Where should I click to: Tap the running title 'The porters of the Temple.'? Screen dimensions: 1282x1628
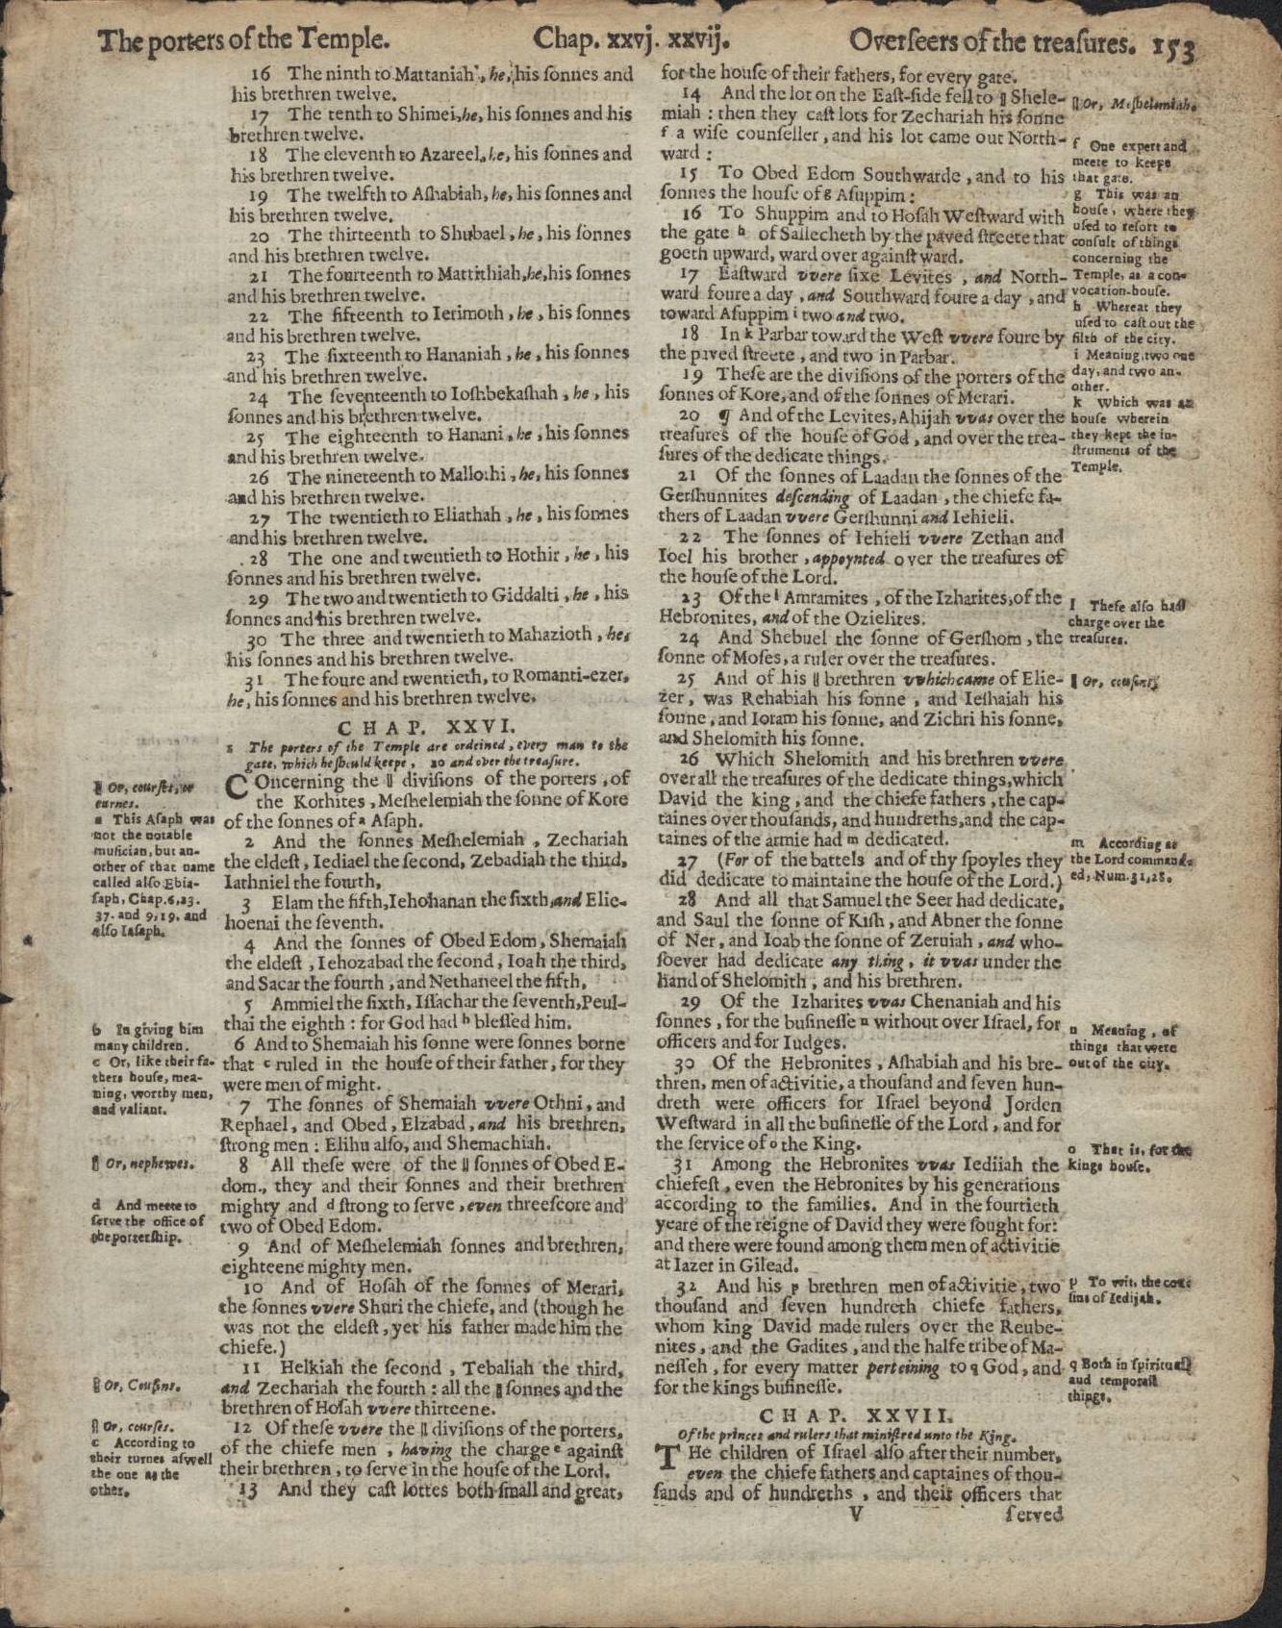(x=245, y=40)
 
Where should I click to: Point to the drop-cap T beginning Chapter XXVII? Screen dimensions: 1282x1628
(x=668, y=1461)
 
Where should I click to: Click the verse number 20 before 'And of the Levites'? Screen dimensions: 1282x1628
(x=690, y=417)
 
